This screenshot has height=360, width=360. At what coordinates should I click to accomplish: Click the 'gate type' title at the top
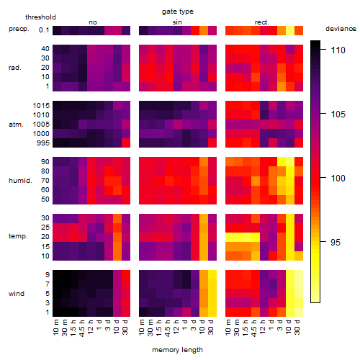point(178,12)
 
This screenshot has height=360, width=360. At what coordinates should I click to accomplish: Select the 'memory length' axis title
point(177,350)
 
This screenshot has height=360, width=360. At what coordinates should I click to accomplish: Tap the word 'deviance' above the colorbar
point(341,29)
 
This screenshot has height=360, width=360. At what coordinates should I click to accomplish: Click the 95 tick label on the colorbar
point(336,242)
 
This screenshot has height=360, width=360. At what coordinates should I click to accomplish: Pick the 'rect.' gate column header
point(261,22)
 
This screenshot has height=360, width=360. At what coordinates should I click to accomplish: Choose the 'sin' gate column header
point(177,22)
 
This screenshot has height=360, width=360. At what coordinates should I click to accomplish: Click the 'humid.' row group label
point(20,181)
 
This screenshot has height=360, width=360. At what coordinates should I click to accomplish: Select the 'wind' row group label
point(17,294)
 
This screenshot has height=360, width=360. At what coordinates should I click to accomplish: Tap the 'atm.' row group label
point(16,125)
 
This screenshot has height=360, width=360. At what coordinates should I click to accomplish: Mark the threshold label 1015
point(41,105)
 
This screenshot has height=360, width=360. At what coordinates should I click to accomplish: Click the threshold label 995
point(43,143)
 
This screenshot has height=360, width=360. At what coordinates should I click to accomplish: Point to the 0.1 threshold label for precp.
point(44,30)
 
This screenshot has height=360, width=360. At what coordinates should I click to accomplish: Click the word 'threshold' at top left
point(40,17)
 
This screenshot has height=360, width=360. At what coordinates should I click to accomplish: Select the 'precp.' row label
point(19,29)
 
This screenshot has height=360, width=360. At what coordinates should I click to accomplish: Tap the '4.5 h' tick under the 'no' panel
point(81,328)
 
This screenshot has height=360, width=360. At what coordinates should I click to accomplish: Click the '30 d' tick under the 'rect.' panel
point(297,328)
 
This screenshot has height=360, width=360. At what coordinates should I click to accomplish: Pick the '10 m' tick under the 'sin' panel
point(142,328)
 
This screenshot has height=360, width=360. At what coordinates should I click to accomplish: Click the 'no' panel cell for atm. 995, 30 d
point(126,143)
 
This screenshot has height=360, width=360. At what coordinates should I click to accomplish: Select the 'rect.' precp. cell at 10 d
point(290,30)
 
